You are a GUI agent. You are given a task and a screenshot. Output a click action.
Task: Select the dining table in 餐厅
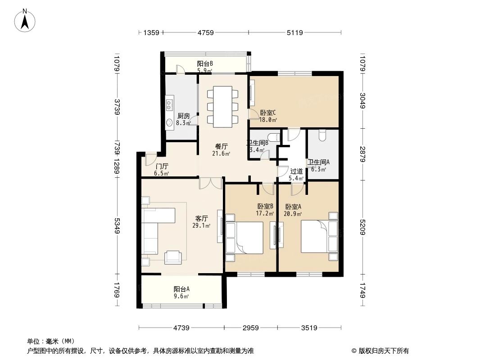click(x=222, y=107)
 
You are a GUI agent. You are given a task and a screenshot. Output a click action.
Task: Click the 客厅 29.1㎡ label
click(x=201, y=221)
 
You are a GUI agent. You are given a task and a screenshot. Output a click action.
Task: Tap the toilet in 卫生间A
click(x=322, y=135)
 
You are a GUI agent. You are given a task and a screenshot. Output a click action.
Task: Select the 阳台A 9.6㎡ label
click(x=181, y=292)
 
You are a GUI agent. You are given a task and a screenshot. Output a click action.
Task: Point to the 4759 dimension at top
click(x=205, y=32)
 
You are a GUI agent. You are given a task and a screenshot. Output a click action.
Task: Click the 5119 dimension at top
click(x=294, y=32)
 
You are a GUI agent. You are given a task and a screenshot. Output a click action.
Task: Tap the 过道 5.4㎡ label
click(x=296, y=175)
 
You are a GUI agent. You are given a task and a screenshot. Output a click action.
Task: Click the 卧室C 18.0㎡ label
click(x=268, y=117)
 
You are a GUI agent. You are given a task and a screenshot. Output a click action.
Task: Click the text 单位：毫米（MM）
click(x=51, y=341)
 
